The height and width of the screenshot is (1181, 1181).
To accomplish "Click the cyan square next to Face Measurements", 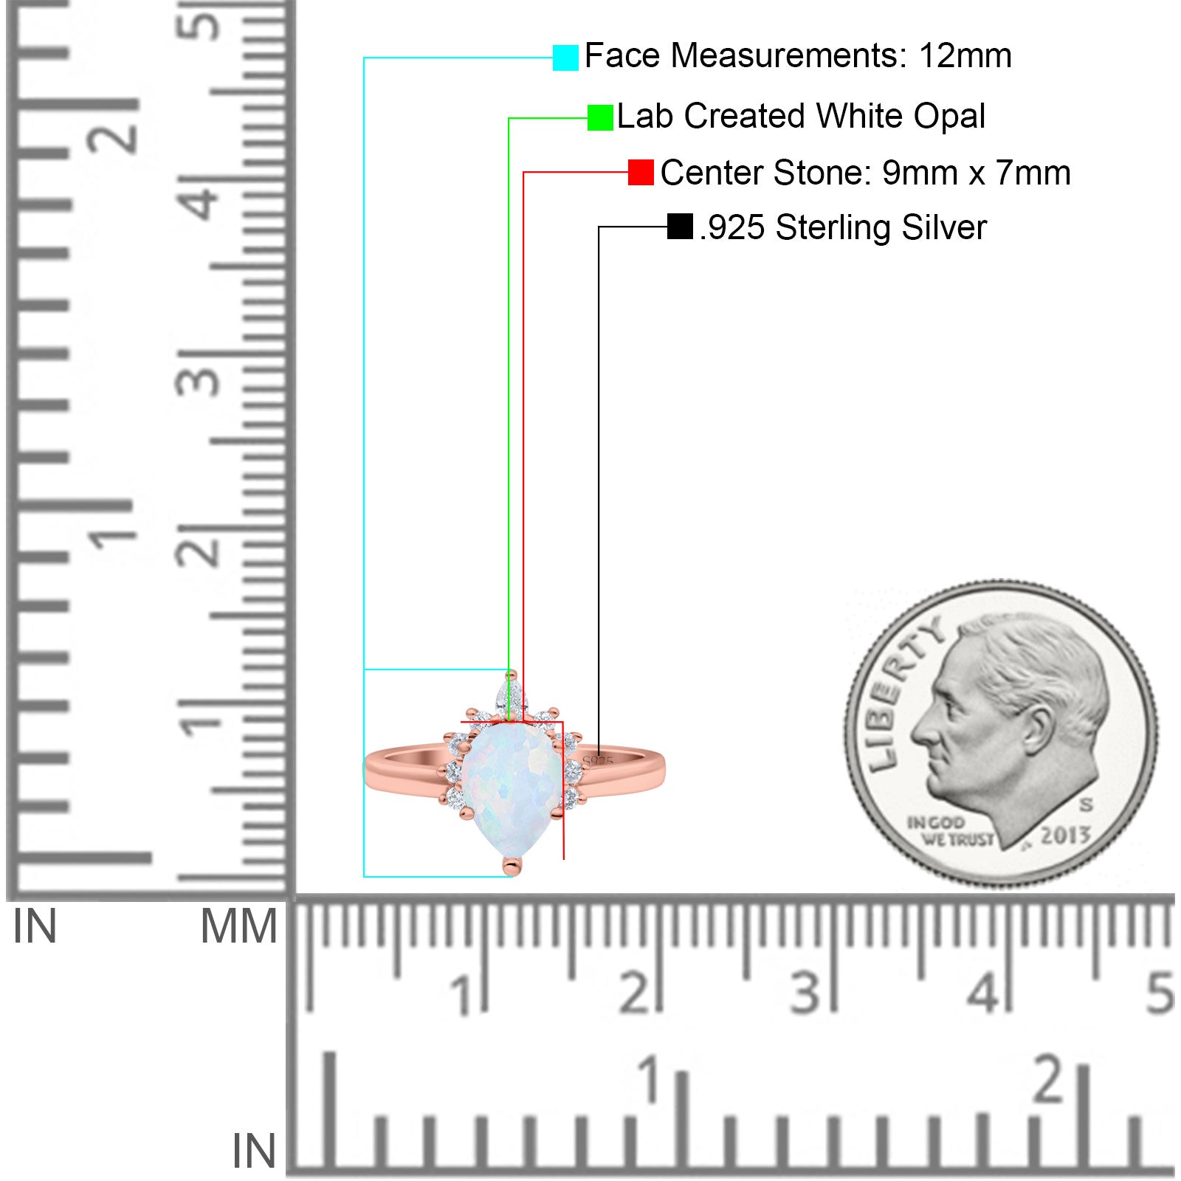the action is click(565, 58).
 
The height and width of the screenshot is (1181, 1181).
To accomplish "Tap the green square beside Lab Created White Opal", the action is click(600, 117).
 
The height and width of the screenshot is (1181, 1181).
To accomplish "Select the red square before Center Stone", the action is click(641, 172).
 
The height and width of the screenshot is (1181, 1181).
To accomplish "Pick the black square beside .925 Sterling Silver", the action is click(680, 227).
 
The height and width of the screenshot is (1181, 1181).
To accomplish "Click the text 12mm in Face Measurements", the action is click(965, 56).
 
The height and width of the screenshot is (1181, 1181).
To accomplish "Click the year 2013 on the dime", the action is click(1065, 835).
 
